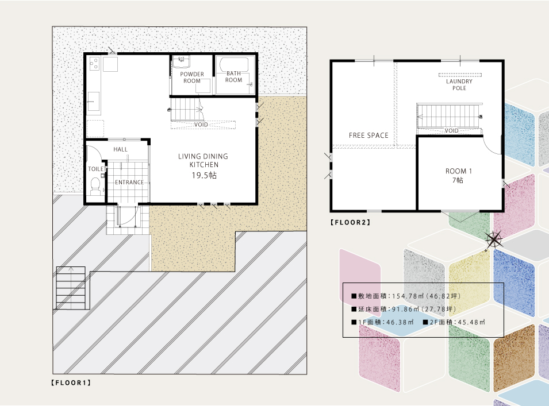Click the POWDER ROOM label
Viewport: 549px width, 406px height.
coord(192,78)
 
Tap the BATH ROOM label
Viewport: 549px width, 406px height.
coord(233,76)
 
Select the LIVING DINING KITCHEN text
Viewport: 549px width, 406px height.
coord(203,161)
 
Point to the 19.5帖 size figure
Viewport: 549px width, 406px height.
coord(204,175)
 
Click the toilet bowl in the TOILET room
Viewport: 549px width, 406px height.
coord(95,185)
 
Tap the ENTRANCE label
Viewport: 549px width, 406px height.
coord(129,182)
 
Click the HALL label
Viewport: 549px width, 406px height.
coord(121,149)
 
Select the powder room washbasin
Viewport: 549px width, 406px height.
coord(181,61)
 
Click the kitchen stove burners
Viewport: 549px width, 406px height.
coord(94,63)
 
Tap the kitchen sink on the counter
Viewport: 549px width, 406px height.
coord(93,101)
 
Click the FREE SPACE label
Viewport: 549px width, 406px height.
coord(368,136)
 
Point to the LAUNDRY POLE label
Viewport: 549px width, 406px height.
coord(459,84)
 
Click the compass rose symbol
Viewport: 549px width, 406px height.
coord(493,240)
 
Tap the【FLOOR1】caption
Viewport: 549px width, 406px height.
coord(71,382)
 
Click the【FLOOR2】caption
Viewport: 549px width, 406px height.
coord(351,222)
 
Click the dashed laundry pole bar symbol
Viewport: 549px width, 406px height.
coord(460,75)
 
